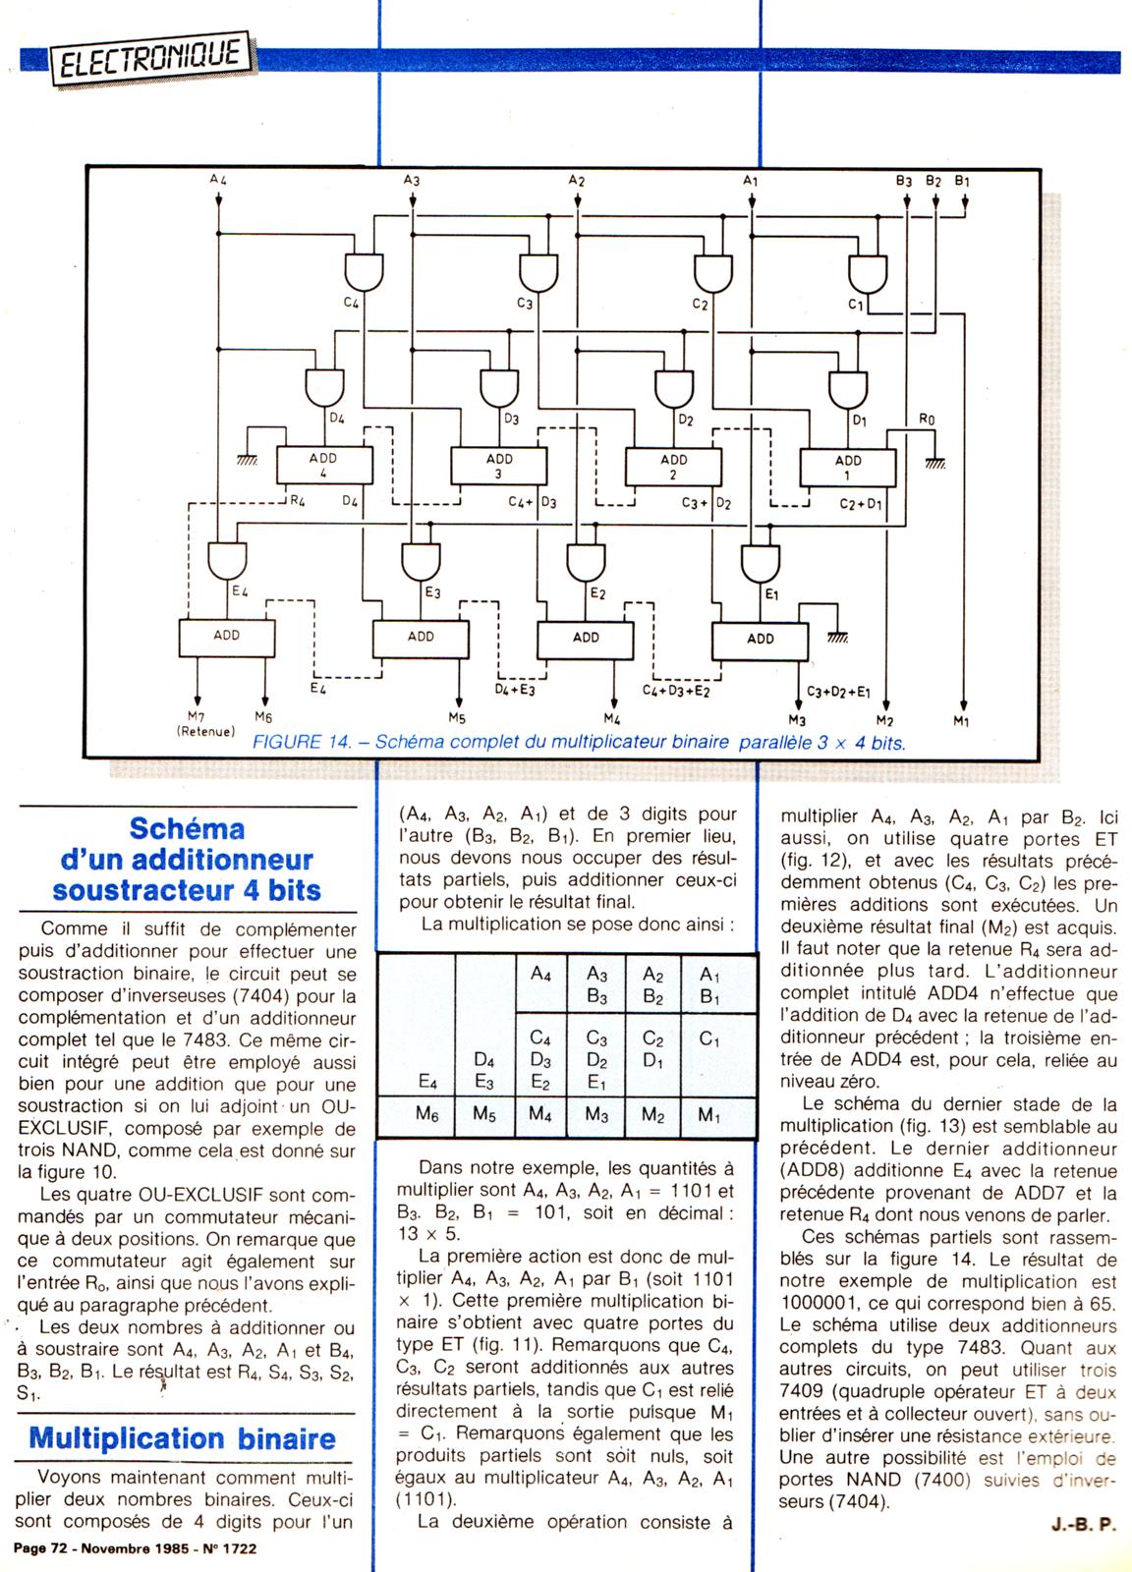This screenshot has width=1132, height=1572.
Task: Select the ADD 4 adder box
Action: pos(323,465)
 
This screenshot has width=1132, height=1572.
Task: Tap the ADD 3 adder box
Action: pos(498,466)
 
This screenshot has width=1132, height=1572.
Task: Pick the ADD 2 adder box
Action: pos(673,467)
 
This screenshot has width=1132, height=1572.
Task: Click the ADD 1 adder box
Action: pos(847,467)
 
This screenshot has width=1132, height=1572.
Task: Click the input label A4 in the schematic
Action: pos(218,180)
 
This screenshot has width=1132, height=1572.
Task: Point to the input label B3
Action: pos(903,182)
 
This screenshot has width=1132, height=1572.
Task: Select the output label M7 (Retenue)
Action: pos(205,724)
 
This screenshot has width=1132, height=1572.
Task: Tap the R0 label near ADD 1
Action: pos(926,420)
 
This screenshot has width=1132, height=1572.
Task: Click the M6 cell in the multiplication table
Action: pos(426,1114)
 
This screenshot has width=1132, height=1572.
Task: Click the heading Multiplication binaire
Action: pos(183,1438)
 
